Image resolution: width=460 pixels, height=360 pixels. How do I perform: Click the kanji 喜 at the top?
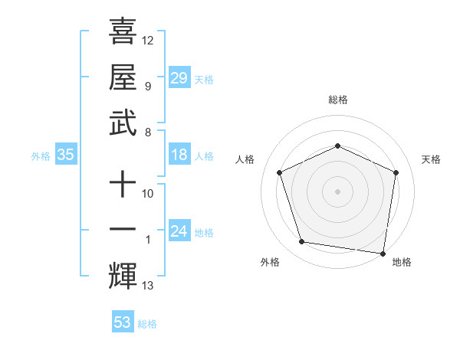coord(123,31)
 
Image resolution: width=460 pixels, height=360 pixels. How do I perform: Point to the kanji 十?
coord(123,184)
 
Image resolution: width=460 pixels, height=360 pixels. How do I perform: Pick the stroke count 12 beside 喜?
coord(148,40)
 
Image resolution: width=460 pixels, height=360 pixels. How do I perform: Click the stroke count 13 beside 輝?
coord(148,286)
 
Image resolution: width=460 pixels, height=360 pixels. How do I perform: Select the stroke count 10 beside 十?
coord(148,194)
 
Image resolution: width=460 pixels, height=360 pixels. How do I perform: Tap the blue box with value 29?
coord(179,78)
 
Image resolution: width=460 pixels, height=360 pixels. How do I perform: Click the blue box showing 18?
coord(179,155)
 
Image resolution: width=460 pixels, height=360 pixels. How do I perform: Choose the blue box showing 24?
coord(179,232)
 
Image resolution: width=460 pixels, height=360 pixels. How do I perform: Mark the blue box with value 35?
coord(65,155)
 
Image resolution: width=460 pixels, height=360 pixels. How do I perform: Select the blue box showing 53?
coord(123,322)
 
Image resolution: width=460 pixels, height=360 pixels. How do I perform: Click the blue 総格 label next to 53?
coord(147,324)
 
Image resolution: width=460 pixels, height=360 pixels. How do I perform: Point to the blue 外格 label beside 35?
coord(41,156)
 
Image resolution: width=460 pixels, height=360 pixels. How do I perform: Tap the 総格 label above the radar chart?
coord(337,100)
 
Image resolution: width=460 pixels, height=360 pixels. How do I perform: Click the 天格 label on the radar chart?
coord(431,159)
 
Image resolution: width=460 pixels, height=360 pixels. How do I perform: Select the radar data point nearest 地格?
coord(383,254)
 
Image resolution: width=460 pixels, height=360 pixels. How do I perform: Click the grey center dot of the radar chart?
coord(337,191)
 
